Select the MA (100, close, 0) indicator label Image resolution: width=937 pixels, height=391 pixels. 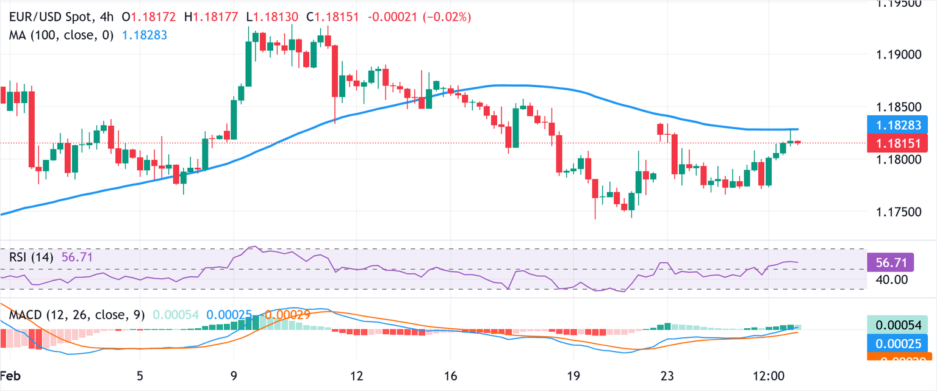click(x=62, y=35)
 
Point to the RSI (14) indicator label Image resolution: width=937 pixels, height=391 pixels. click(x=31, y=258)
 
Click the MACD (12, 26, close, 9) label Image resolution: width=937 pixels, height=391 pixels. click(x=77, y=315)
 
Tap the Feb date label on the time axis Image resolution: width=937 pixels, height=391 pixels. click(x=9, y=374)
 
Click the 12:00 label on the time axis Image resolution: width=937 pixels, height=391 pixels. click(x=769, y=374)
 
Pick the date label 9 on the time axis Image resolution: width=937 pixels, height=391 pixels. click(x=234, y=374)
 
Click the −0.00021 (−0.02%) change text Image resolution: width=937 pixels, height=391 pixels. click(x=420, y=18)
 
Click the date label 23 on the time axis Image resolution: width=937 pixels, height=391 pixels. click(x=667, y=374)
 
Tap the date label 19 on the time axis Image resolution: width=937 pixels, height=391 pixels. click(x=573, y=374)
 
